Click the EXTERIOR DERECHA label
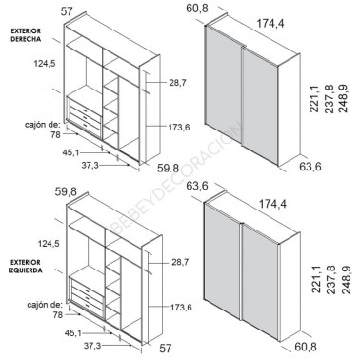point(26,35)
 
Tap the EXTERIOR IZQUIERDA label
point(26,267)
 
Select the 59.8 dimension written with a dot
point(168,168)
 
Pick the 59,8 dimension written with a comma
point(66,191)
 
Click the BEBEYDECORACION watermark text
point(177,178)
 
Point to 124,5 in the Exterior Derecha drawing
point(45,64)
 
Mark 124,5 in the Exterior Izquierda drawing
point(49,244)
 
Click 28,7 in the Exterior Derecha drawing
point(177,83)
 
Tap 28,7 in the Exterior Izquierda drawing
point(180,262)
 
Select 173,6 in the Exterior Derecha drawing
point(179,128)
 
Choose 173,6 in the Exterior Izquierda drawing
point(181,308)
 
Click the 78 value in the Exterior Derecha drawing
point(55,135)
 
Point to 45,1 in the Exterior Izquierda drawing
point(73,333)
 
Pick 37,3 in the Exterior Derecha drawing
point(90,166)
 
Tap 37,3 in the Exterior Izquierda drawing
point(92,346)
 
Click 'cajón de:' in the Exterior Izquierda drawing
point(45,305)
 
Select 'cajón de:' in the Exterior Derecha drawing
point(43,125)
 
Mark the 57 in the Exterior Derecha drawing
point(67,11)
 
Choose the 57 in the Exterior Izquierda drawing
point(165,349)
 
